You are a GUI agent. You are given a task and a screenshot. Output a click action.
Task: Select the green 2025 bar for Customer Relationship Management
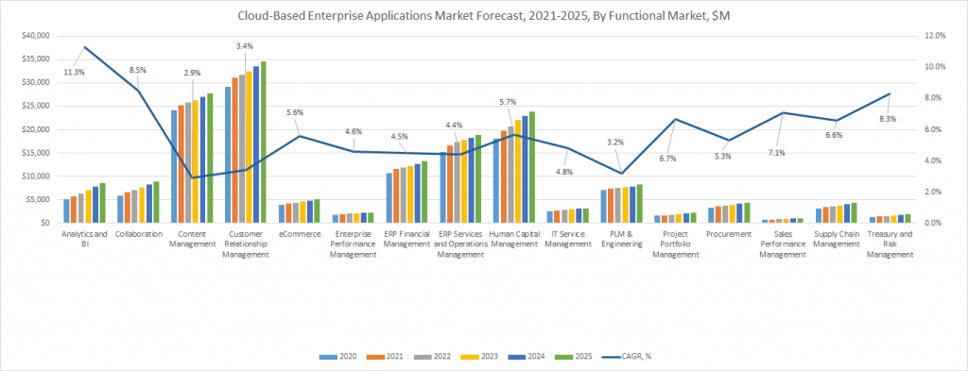263,142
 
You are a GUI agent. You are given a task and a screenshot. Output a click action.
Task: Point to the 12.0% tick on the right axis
935,35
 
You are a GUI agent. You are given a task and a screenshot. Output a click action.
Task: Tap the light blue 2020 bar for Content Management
174,166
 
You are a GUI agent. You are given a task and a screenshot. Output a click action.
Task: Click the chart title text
483,15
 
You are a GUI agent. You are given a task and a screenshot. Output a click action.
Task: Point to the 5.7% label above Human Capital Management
506,102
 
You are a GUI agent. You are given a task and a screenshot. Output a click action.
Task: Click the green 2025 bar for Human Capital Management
532,167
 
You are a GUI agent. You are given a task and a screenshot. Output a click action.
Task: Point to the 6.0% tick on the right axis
937,129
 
